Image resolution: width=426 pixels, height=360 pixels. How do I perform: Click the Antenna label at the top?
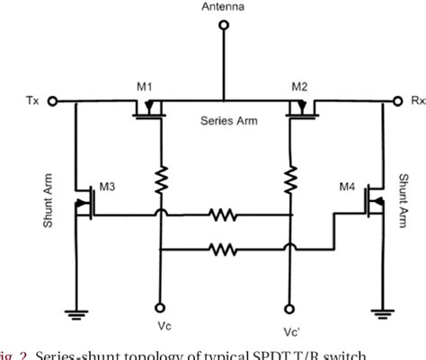coord(223,6)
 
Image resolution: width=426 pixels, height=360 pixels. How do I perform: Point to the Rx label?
coord(418,101)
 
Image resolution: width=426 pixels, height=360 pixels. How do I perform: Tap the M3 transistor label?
coord(107,187)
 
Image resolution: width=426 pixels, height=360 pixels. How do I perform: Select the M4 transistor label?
coord(346,187)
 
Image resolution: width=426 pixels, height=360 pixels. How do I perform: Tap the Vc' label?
coord(290,330)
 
